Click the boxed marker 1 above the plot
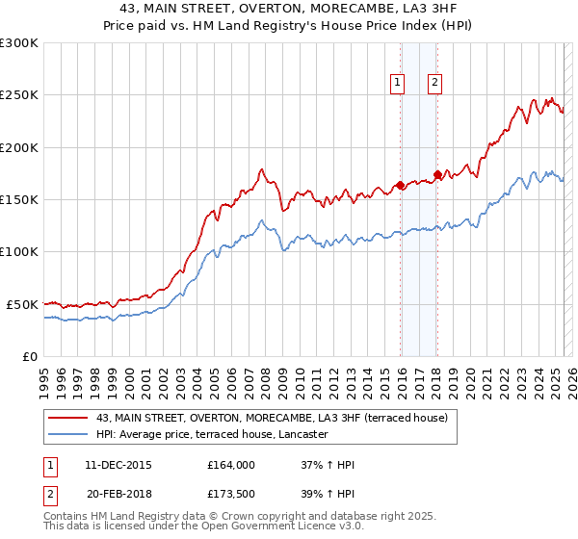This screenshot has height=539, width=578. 397,84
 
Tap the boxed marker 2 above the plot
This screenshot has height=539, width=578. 434,84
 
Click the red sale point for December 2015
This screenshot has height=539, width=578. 400,185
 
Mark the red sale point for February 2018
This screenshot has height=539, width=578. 437,175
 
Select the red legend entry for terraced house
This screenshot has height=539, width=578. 272,419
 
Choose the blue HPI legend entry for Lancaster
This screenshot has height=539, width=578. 212,435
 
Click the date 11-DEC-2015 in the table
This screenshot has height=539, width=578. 118,465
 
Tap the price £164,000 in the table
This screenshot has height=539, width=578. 231,465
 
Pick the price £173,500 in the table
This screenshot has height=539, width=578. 231,497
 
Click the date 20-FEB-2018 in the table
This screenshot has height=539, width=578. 118,497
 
